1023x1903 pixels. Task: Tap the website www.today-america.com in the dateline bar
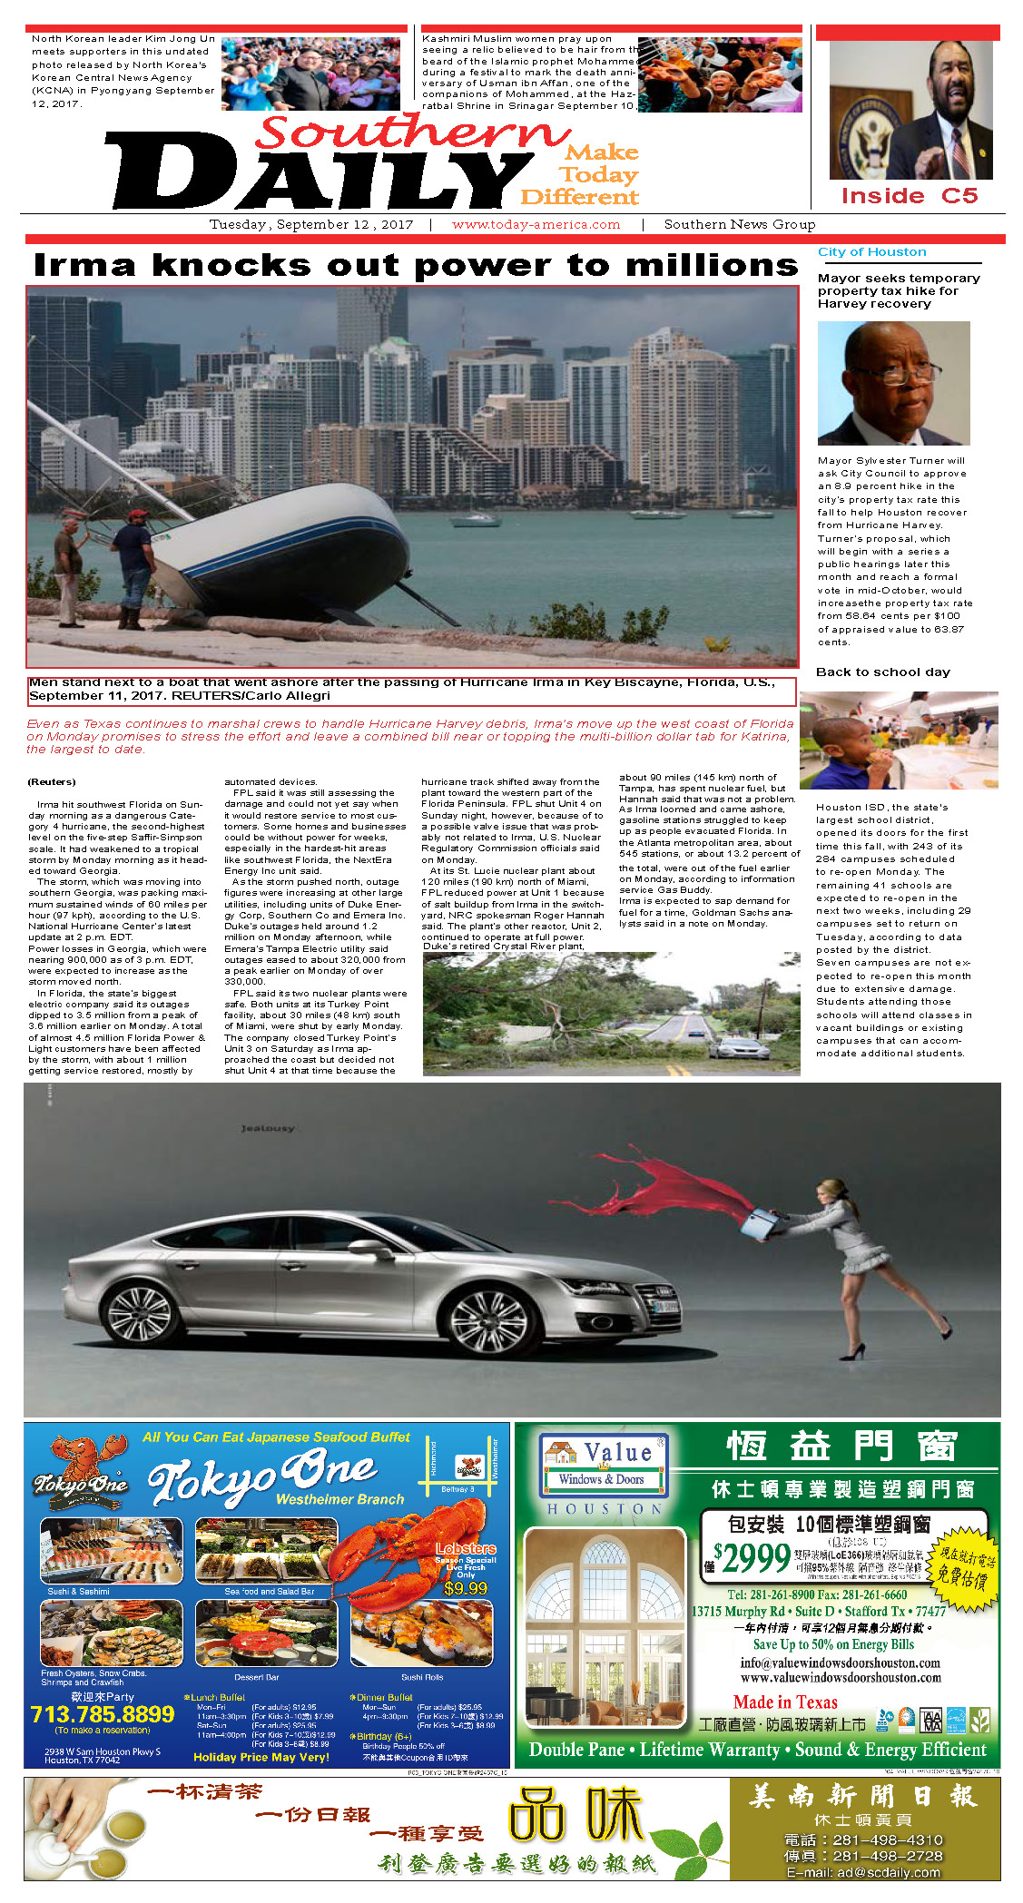click(536, 224)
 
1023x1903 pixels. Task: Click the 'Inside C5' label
click(909, 196)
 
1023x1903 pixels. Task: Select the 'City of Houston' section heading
click(871, 252)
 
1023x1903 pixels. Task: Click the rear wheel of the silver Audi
click(145, 1315)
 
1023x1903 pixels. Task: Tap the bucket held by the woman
click(759, 1226)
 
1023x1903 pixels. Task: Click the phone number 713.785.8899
click(102, 1714)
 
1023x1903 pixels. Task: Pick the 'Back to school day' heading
click(882, 672)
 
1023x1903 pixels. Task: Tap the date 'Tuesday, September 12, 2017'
click(310, 224)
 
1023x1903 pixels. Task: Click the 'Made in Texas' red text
click(785, 1702)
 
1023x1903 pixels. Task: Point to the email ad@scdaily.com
click(862, 1872)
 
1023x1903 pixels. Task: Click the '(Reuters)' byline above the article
click(52, 781)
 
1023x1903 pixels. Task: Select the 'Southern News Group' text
click(739, 224)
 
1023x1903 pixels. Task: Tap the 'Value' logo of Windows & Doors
click(617, 1452)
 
